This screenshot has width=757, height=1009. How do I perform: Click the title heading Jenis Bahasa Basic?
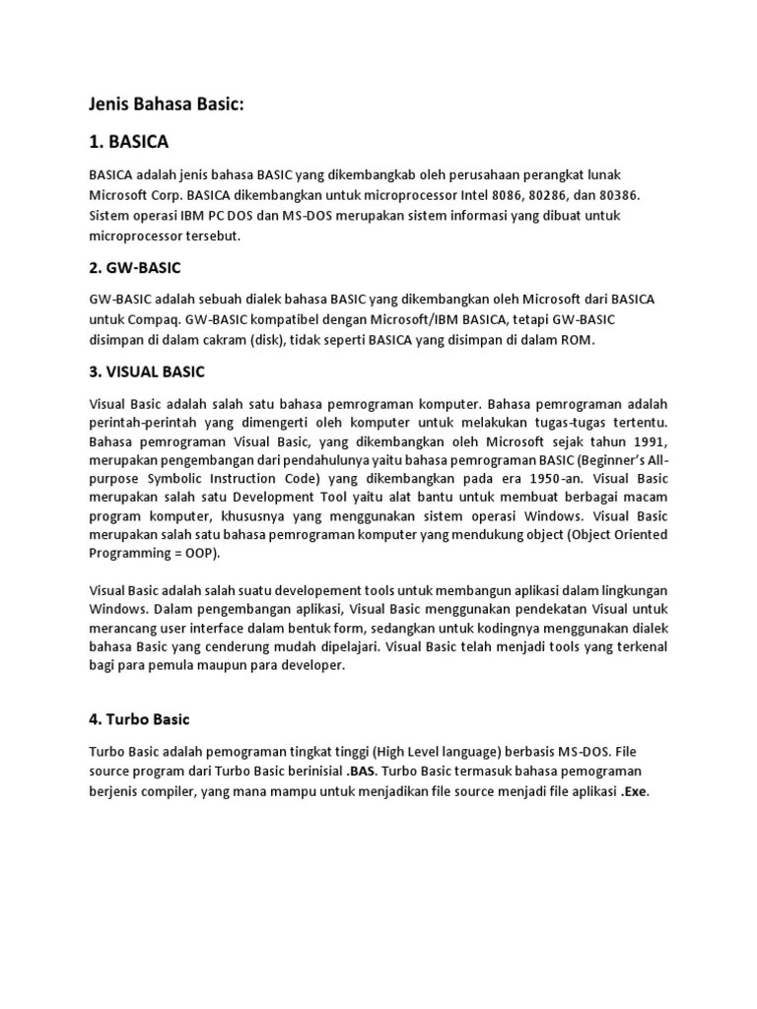point(167,104)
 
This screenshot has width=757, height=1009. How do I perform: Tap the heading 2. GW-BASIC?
point(135,267)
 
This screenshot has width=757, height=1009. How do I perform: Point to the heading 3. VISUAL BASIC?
point(147,371)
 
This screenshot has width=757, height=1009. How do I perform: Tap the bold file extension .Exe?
point(635,791)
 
